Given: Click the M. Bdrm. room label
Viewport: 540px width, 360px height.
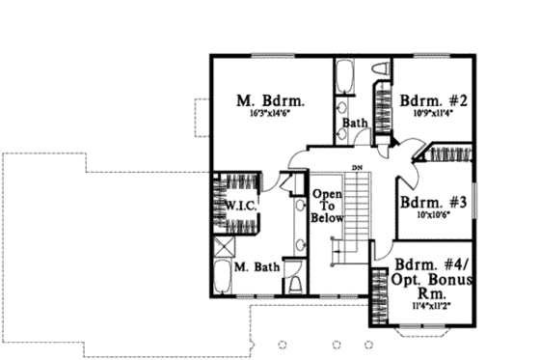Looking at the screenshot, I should (271, 99).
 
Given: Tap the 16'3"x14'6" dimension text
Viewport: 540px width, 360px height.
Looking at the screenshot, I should (271, 114).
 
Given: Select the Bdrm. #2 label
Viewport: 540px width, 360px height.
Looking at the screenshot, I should (433, 99).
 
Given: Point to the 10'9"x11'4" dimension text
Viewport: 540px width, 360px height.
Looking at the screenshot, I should (433, 113).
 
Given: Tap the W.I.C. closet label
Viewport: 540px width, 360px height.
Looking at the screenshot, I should (237, 208).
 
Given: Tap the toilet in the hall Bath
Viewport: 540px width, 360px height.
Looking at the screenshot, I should (380, 69).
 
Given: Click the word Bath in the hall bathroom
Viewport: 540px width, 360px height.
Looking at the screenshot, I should (354, 124).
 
